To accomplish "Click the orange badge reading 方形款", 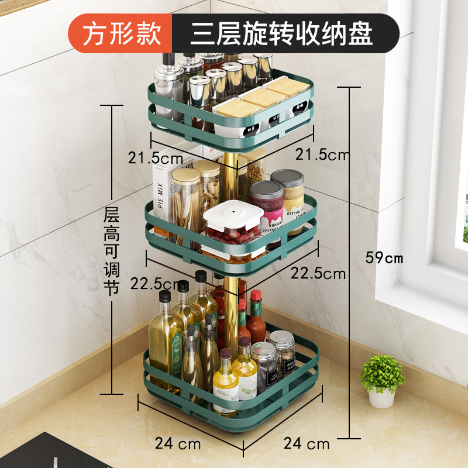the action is tap(121, 34).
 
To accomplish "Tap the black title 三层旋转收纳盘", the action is tap(281, 34).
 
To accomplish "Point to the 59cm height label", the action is tap(384, 257).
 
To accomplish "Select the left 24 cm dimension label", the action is tap(178, 443).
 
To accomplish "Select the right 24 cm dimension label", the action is tap(307, 443).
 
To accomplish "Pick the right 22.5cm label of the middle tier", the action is tap(319, 273).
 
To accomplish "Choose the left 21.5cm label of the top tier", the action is tap(156, 157).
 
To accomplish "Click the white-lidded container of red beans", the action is tap(232, 225).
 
